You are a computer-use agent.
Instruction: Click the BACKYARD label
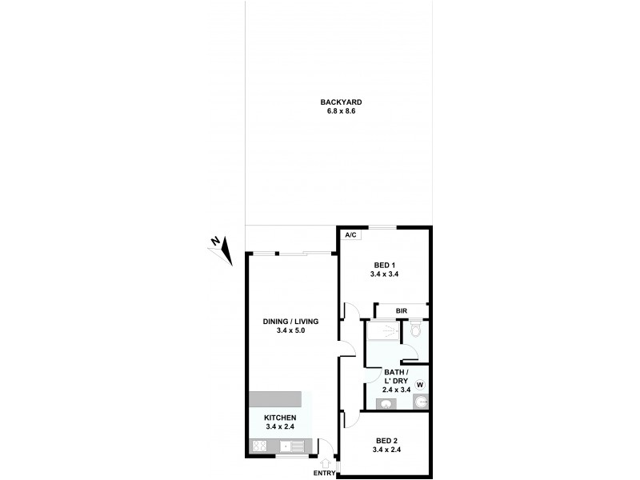tap(342, 102)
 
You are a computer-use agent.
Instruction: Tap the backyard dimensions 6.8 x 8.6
tap(342, 111)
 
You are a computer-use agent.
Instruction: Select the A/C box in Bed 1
tap(350, 235)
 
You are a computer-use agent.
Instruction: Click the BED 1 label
tap(384, 265)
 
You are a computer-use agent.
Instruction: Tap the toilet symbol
tap(415, 329)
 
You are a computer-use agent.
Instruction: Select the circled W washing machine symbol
tap(419, 385)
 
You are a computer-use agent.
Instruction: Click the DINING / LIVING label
tap(291, 322)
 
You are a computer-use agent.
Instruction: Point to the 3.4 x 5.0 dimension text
tap(291, 330)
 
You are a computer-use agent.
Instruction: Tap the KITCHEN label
tap(281, 418)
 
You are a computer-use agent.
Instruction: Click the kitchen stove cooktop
tap(260, 446)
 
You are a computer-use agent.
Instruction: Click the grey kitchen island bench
tap(275, 399)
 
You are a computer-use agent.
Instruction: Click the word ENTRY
tap(325, 473)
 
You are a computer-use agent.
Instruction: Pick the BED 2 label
tap(386, 441)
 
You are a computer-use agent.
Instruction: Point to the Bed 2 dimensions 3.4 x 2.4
tap(386, 450)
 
